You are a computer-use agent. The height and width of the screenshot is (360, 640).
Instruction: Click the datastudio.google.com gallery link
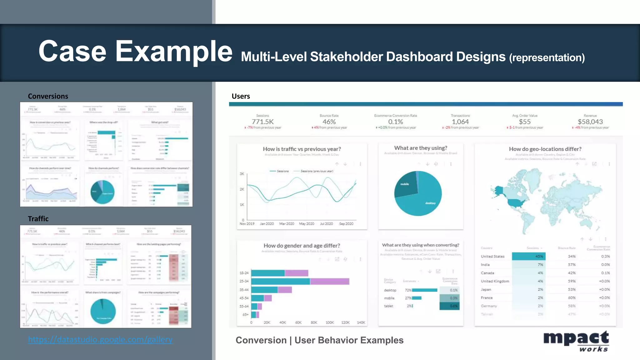click(x=100, y=339)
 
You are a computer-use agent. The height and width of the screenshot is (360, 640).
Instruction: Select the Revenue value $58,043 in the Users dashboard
click(x=590, y=122)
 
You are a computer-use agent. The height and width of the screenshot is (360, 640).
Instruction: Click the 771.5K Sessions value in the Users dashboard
click(x=262, y=122)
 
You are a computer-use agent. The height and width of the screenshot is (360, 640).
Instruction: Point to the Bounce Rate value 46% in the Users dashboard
click(x=329, y=122)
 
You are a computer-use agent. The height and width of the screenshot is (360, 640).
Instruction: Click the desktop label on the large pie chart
click(x=430, y=203)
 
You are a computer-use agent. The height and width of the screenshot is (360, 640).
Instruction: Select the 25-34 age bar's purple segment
click(x=329, y=281)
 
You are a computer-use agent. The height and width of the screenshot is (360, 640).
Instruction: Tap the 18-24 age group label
click(x=244, y=273)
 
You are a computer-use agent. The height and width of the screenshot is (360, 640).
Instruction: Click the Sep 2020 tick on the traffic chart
click(x=346, y=224)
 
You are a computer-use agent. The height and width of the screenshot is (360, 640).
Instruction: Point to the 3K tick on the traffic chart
click(x=242, y=174)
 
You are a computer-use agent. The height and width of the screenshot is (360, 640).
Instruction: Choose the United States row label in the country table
click(x=492, y=257)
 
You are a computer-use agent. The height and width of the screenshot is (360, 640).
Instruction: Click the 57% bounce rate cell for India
click(x=572, y=265)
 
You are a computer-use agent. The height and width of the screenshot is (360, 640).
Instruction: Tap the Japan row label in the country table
click(x=486, y=289)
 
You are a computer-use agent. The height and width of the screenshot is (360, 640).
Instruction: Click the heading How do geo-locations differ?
click(x=545, y=149)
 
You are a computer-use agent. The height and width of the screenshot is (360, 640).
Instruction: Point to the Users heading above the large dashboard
click(x=241, y=96)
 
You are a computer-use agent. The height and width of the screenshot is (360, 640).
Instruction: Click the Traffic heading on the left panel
click(x=38, y=219)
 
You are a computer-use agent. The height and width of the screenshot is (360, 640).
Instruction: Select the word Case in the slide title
click(x=72, y=51)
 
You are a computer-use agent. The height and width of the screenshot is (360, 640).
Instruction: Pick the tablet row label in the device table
click(x=388, y=306)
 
